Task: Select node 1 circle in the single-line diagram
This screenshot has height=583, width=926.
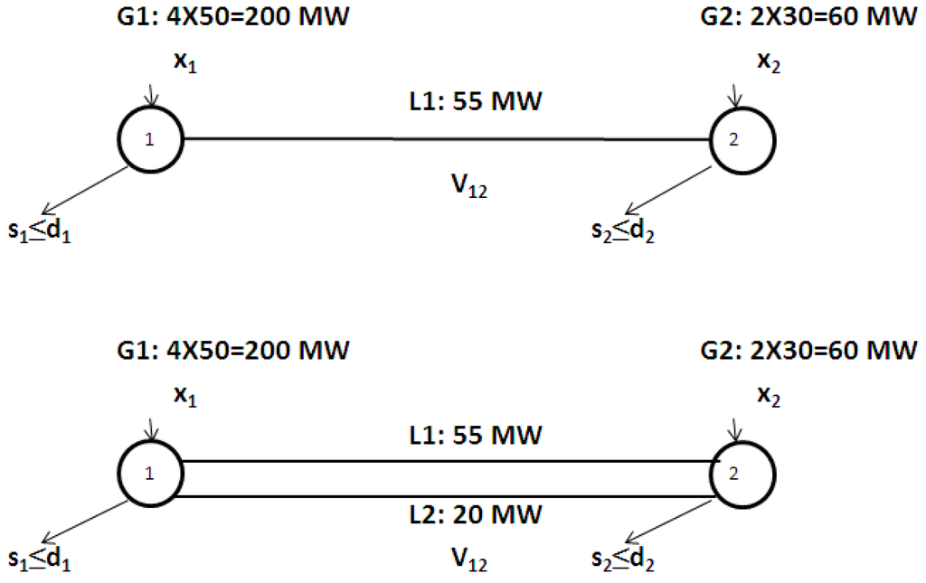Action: pyautogui.click(x=151, y=139)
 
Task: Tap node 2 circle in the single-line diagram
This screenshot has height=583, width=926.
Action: pyautogui.click(x=742, y=139)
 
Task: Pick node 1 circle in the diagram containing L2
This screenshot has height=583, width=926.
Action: pyautogui.click(x=151, y=472)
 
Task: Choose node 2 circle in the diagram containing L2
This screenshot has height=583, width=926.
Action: pyautogui.click(x=742, y=472)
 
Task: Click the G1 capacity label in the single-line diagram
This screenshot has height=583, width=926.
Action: pyautogui.click(x=232, y=14)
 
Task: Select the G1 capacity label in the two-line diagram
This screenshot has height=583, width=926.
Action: pyautogui.click(x=232, y=348)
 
